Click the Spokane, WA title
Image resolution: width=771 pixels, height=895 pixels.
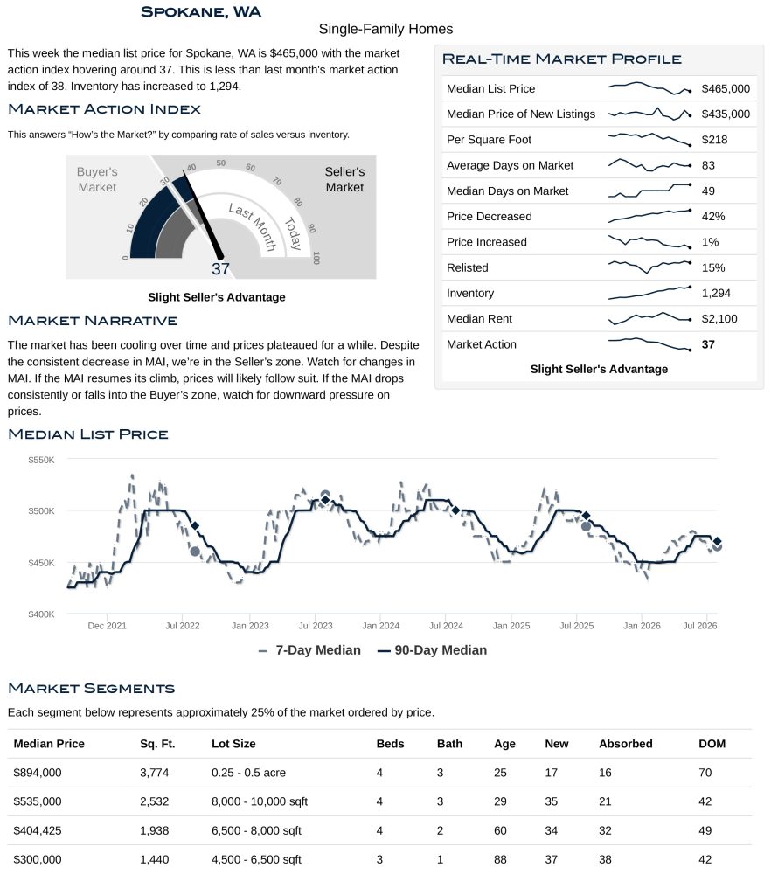pos(201,12)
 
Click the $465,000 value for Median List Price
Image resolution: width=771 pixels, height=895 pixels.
pos(726,88)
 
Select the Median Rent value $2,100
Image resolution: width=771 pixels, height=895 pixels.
pos(719,318)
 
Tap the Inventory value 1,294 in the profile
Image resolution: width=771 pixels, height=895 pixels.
pos(716,293)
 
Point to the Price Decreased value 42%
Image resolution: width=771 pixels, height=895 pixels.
pos(712,217)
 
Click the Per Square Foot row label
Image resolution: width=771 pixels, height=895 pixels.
pos(489,140)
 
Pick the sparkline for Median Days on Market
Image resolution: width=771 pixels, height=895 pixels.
pos(649,191)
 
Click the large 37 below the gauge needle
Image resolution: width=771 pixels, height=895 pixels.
pos(220,269)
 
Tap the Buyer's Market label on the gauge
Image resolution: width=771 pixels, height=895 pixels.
pos(97,179)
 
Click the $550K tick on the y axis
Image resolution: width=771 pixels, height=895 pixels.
pos(42,460)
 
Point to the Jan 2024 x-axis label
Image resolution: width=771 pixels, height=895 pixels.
pos(380,626)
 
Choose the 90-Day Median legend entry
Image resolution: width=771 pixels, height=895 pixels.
pos(432,650)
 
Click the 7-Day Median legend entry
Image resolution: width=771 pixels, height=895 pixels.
pos(309,650)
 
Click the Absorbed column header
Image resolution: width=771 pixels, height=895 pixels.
pos(626,744)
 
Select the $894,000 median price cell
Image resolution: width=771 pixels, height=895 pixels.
pos(37,773)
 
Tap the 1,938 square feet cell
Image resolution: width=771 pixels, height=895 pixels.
pos(154,830)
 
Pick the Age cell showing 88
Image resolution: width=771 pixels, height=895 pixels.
pos(500,860)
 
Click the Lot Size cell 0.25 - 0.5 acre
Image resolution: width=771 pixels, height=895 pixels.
pos(248,773)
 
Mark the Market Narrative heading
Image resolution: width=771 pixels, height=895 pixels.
pos(93,320)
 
